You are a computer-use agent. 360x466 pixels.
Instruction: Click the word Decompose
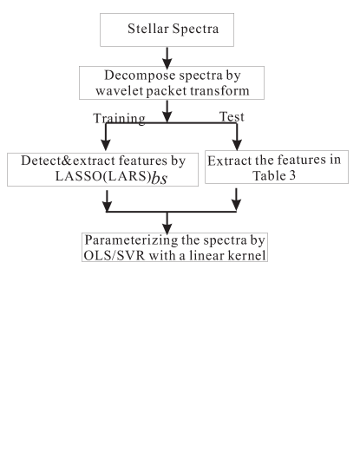(127, 75)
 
